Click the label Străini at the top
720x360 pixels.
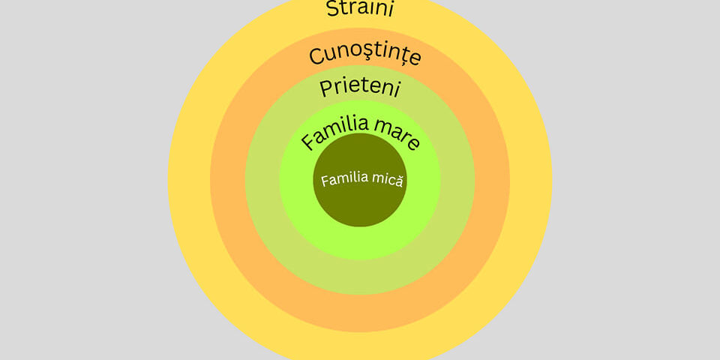point(360,9)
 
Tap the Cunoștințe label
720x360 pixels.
point(365,55)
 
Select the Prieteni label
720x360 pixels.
point(359,88)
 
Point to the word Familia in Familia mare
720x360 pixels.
point(334,132)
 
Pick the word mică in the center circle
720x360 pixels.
point(387,180)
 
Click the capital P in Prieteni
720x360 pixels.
point(325,88)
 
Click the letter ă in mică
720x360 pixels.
point(398,181)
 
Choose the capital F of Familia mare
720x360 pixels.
point(308,142)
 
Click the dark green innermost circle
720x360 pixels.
point(360,180)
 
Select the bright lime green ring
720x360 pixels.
point(360,243)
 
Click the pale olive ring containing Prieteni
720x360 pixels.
point(360,277)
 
